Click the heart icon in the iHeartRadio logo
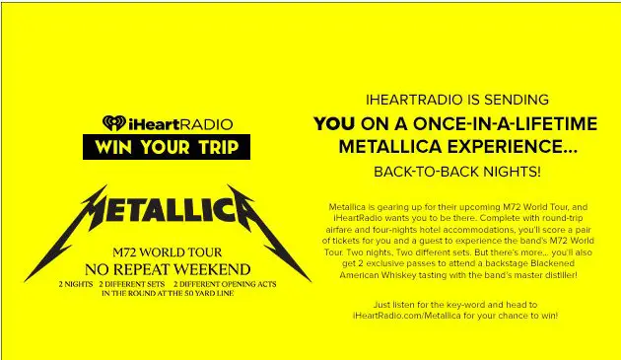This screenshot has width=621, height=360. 112,123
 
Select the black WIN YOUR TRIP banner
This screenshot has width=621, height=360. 166,146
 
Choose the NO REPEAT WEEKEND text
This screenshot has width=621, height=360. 166,267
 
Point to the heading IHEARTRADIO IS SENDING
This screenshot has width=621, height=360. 456,100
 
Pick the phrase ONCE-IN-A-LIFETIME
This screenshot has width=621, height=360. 498,123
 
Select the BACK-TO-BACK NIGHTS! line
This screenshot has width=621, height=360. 456,172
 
